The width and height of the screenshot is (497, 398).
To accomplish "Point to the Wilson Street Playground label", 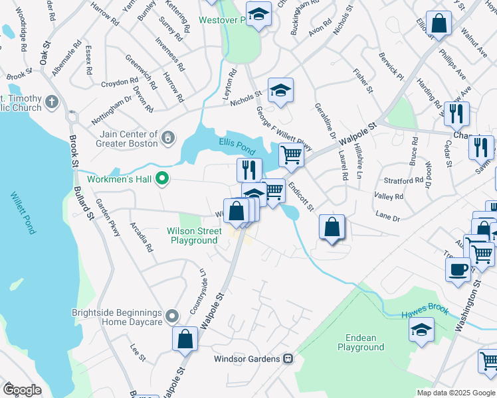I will pos(193,235).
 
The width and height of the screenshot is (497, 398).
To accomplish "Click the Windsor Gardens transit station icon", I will pos(288,359).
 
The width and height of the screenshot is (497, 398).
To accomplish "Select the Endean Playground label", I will pos(361,342).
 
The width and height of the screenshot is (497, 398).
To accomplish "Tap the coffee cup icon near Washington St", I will pos(458,269).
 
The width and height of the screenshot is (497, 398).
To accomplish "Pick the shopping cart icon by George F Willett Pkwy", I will pos(291,155).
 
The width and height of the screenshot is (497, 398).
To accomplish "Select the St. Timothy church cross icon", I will pos(53,102).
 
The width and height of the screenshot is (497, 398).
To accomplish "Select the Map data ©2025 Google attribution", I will pos(455,393).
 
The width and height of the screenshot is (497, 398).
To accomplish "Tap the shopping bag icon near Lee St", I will pos(185,338).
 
